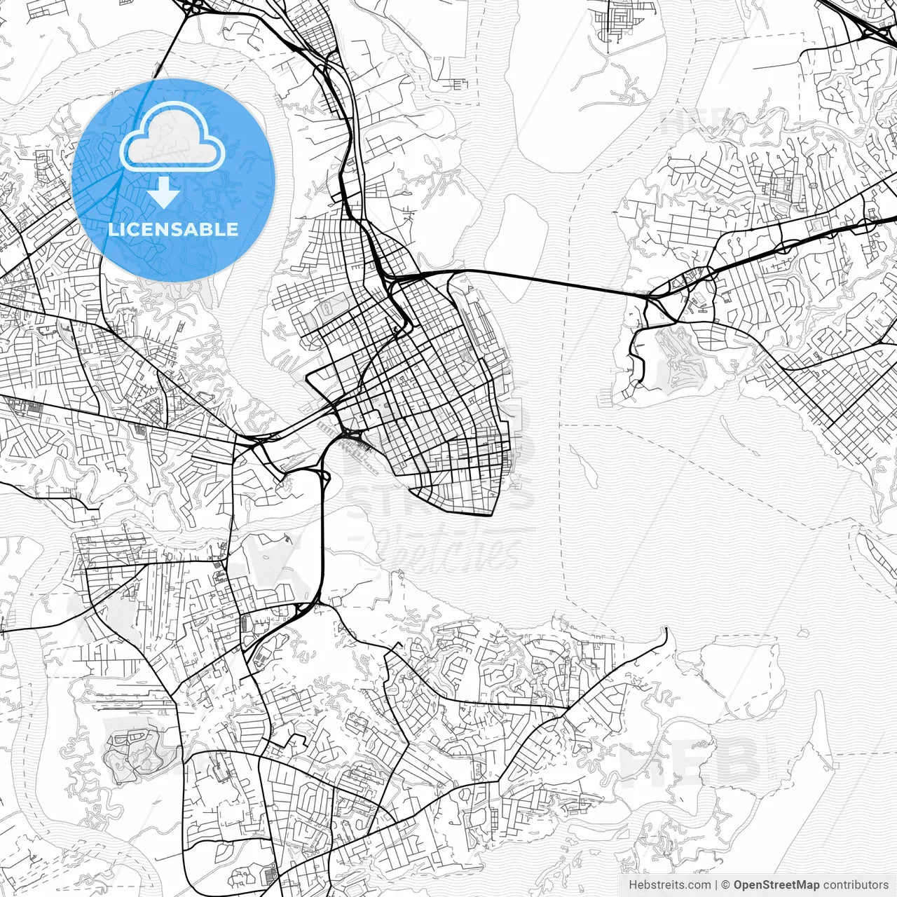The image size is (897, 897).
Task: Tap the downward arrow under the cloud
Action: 164,192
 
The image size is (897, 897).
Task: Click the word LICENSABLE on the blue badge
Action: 173,229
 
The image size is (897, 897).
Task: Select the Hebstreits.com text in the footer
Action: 669,884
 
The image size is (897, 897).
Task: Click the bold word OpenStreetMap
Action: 776,884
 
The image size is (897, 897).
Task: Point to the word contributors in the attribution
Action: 855,884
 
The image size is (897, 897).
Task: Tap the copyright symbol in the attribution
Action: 726,884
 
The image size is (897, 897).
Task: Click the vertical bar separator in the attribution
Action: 716,884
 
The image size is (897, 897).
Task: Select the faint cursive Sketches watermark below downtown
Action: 448,550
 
